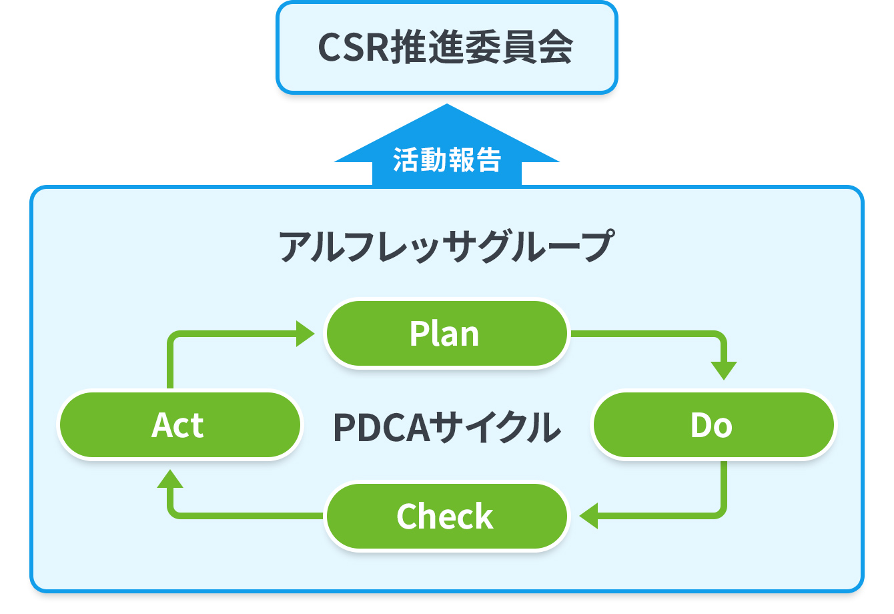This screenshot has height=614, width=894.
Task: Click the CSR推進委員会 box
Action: (x=446, y=47)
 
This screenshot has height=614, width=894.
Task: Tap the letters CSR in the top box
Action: (x=354, y=48)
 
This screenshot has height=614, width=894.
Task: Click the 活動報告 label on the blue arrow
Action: (x=447, y=160)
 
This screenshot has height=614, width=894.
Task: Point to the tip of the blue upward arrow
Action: (x=446, y=104)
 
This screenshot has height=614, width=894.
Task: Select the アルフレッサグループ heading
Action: (x=446, y=246)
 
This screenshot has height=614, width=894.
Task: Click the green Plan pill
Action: (x=446, y=333)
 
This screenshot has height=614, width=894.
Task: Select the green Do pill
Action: (x=713, y=424)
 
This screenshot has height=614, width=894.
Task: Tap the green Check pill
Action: (x=446, y=516)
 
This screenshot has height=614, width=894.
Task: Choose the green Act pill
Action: (x=179, y=424)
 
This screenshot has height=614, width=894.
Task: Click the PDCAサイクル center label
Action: (x=446, y=426)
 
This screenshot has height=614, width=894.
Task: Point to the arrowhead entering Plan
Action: (x=306, y=333)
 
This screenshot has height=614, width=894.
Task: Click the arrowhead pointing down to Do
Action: (x=724, y=371)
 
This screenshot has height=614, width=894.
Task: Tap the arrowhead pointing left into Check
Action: (x=588, y=516)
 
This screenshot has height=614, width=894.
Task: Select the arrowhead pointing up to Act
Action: (x=170, y=479)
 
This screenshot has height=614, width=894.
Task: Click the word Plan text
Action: (x=444, y=334)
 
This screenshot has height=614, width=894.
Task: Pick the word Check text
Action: (x=445, y=516)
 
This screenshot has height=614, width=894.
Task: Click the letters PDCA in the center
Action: (x=382, y=427)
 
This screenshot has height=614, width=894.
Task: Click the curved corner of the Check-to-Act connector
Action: (x=174, y=512)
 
